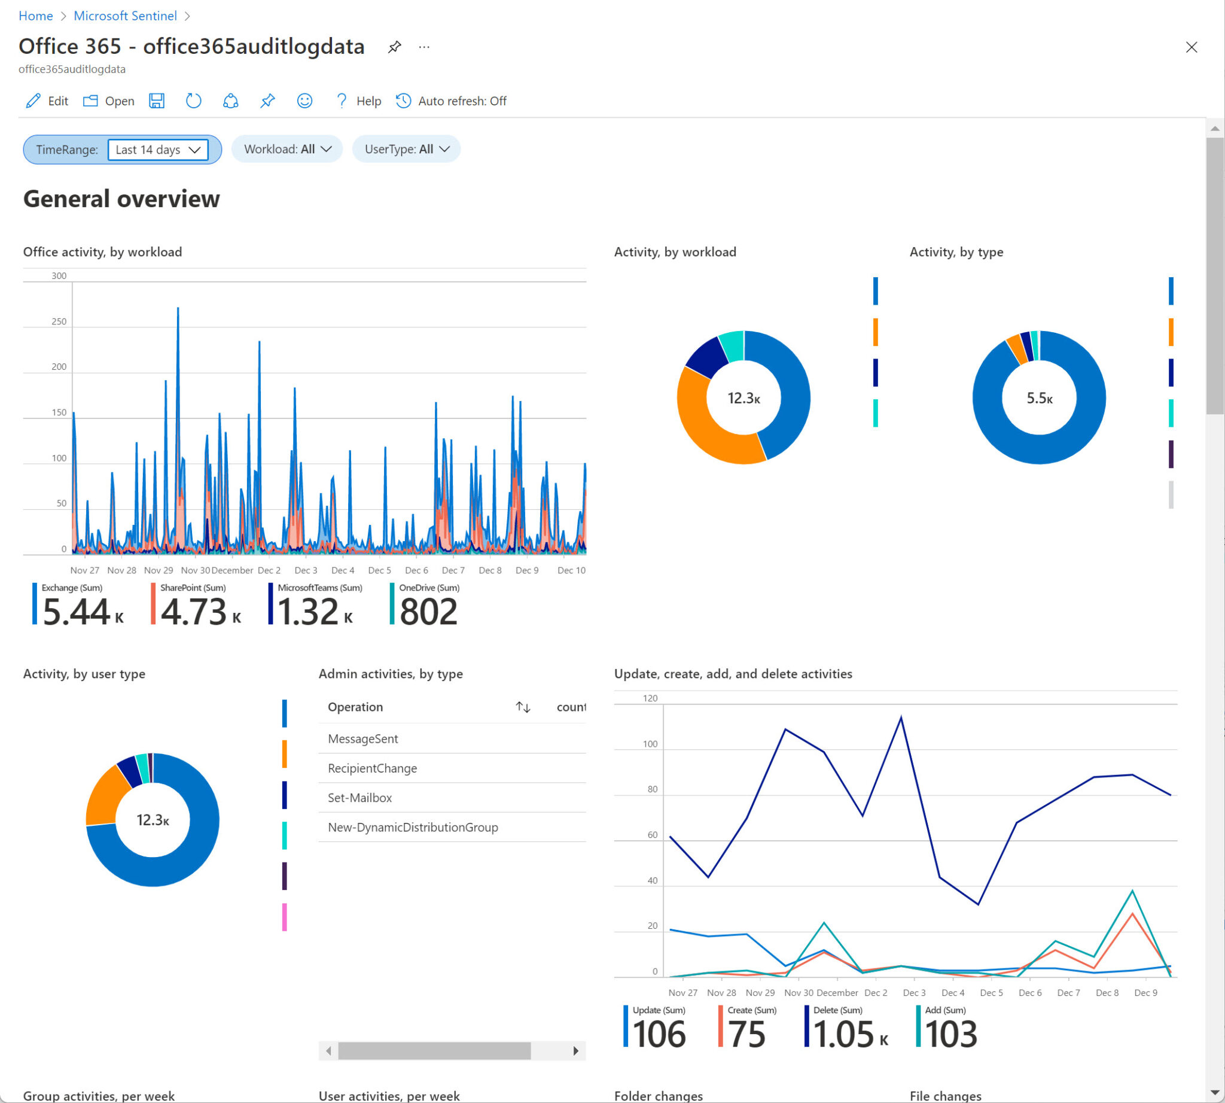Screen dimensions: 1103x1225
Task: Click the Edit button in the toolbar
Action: click(47, 101)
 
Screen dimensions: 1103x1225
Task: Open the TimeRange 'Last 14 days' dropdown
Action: click(157, 150)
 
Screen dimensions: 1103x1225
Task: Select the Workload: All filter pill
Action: click(287, 149)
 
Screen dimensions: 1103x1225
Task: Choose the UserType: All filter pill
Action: click(407, 149)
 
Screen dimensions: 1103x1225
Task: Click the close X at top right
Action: click(1191, 47)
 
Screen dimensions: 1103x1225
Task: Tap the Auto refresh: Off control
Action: click(452, 101)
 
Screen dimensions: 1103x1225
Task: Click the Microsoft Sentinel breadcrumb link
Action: click(125, 16)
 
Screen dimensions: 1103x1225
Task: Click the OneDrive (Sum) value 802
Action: click(428, 611)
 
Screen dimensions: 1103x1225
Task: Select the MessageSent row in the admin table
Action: click(362, 739)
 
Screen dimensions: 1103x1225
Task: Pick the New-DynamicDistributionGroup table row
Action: click(413, 827)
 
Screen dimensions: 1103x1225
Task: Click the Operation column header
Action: click(355, 707)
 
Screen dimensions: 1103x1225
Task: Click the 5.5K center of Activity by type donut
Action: click(1039, 398)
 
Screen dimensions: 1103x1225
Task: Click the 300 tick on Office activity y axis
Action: click(59, 276)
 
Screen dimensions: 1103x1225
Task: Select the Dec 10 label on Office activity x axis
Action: click(571, 570)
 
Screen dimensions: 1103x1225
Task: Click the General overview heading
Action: click(121, 199)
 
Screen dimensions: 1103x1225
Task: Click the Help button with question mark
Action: click(358, 101)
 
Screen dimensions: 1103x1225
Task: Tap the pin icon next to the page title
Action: click(394, 47)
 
